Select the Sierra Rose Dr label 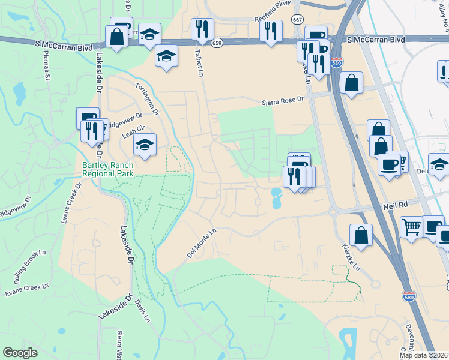[x=283, y=102]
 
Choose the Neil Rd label [x=395, y=205]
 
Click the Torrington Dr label [x=147, y=98]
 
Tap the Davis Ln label [x=142, y=311]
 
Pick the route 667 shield [x=297, y=20]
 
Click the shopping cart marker [x=411, y=227]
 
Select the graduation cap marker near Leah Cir [x=145, y=145]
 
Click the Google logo [x=20, y=353]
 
